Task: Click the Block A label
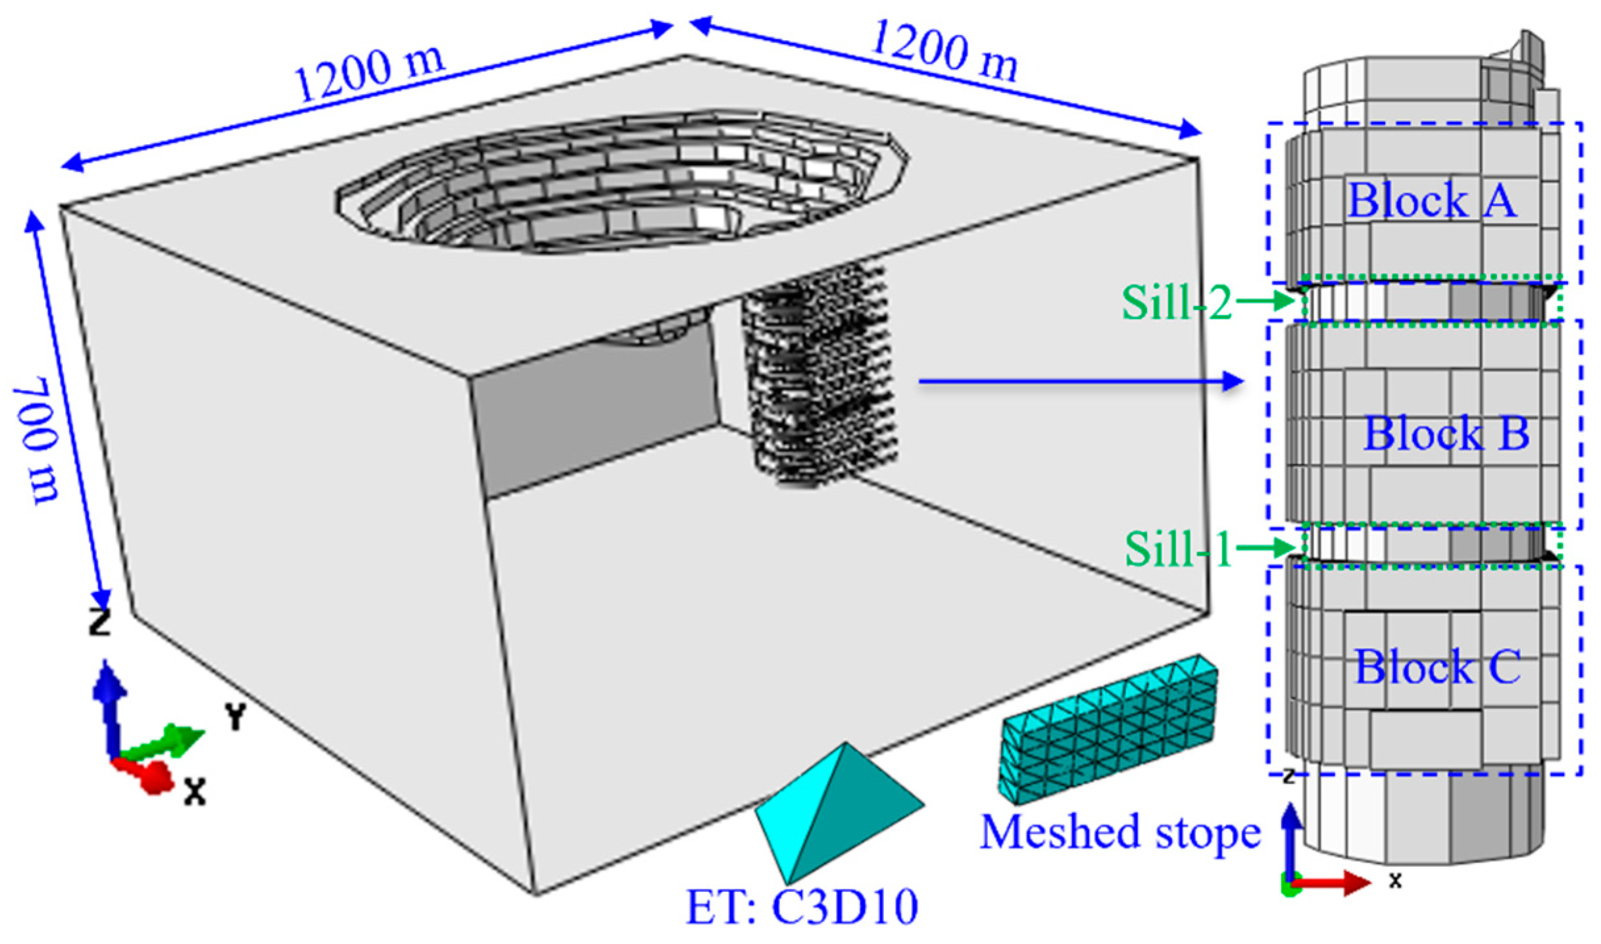[x=1432, y=200]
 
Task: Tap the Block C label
[x=1437, y=666]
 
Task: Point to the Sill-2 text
[x=1176, y=303]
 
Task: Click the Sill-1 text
[x=1177, y=549]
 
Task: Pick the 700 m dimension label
[x=37, y=439]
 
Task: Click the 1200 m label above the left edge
[x=368, y=74]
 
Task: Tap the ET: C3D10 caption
[x=802, y=907]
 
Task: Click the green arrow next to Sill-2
[x=1267, y=302]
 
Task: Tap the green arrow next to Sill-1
[x=1267, y=547]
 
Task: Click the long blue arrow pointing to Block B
[x=1079, y=381]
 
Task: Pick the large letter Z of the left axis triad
[x=99, y=622]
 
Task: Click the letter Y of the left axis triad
[x=235, y=716]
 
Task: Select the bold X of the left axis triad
[x=194, y=792]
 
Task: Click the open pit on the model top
[x=622, y=181]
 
